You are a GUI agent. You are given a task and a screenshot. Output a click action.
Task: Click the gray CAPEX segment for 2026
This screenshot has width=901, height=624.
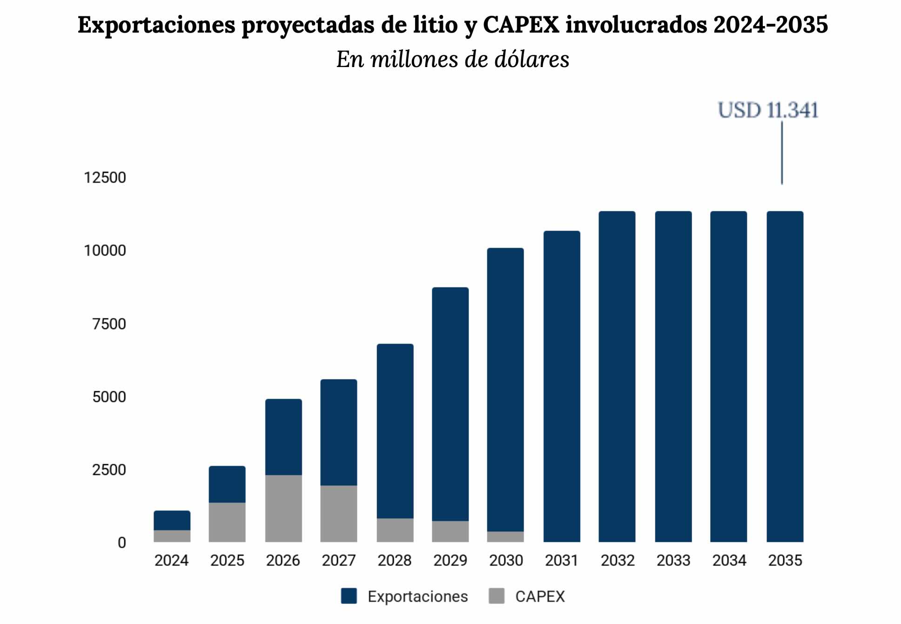(x=283, y=508)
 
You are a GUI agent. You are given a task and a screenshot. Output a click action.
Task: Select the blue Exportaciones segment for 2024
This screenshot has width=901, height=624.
(x=172, y=520)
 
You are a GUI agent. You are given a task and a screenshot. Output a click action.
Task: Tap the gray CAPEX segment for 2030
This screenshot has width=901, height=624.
(x=505, y=536)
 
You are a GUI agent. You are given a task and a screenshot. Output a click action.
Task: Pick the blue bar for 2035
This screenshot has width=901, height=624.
(x=785, y=376)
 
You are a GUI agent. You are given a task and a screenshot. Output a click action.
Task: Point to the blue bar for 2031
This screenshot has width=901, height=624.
(x=562, y=387)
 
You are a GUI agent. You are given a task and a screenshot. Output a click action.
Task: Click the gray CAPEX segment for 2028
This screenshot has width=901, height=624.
(x=395, y=530)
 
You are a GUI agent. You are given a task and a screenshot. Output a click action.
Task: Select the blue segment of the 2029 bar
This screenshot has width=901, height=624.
(x=450, y=404)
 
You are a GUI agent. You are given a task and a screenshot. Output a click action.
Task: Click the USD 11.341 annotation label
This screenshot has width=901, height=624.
(x=768, y=110)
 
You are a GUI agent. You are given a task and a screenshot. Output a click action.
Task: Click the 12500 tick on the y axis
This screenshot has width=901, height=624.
(x=105, y=177)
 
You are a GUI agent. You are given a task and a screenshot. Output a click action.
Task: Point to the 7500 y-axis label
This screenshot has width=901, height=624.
(x=109, y=324)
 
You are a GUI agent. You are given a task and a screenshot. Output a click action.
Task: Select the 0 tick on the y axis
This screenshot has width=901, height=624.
(x=121, y=543)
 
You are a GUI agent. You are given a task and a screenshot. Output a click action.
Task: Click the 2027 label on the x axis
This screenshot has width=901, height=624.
(x=339, y=560)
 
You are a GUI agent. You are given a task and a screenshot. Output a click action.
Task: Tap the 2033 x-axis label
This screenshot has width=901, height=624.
(x=673, y=560)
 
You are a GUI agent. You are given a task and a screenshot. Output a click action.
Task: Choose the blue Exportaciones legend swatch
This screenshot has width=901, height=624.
(x=349, y=596)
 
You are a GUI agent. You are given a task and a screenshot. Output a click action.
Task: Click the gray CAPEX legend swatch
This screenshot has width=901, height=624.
(x=497, y=596)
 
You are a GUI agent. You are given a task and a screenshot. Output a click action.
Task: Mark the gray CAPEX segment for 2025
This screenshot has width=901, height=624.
(x=227, y=522)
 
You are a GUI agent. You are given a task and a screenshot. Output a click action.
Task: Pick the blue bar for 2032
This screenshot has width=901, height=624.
(x=617, y=376)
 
